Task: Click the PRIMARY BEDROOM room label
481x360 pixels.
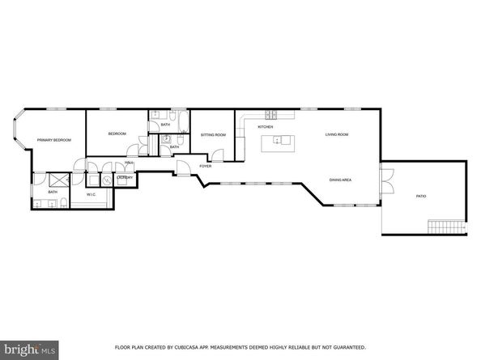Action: click(53, 141)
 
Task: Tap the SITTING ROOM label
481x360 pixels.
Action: click(214, 134)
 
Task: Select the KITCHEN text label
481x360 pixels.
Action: click(265, 127)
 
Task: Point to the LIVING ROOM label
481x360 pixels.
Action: click(337, 134)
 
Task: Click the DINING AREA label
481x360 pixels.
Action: click(340, 180)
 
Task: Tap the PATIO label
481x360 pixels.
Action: click(421, 197)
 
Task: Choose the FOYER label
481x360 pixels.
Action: click(206, 167)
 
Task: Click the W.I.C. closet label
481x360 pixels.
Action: click(92, 195)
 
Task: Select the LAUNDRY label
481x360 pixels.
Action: click(125, 177)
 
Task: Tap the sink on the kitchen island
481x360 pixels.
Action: click(281, 141)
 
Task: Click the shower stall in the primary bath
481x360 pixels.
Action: click(59, 180)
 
